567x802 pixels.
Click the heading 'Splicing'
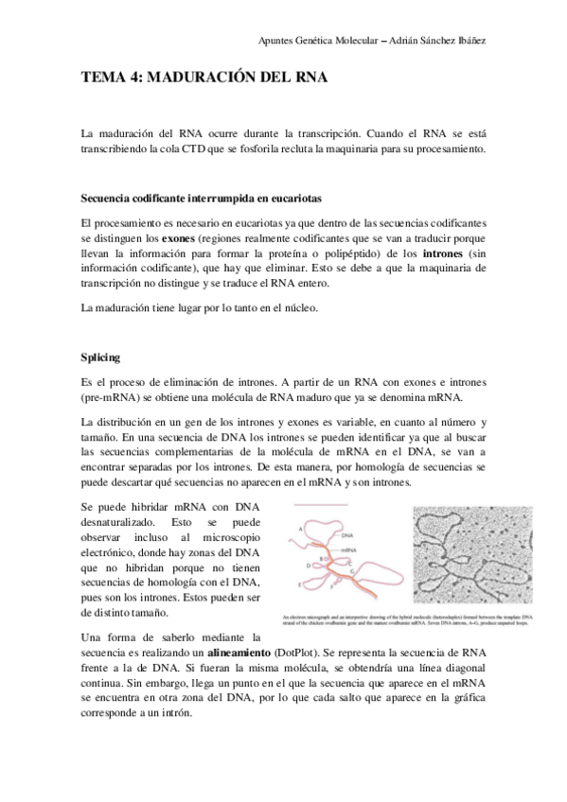[101, 357]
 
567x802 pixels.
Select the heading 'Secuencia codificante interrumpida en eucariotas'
[202, 200]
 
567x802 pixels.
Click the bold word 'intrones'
[447, 254]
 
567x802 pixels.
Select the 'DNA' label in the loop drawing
[346, 535]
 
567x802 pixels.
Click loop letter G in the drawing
[353, 570]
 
